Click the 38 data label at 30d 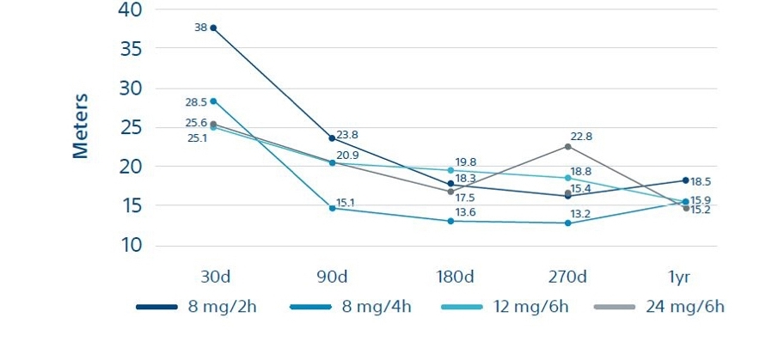200,27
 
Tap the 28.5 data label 195,101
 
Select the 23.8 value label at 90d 347,134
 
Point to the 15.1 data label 346,203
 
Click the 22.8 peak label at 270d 581,137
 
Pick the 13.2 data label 581,213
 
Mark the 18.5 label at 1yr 701,181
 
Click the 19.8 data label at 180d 466,162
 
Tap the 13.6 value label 466,212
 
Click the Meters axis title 81,126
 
